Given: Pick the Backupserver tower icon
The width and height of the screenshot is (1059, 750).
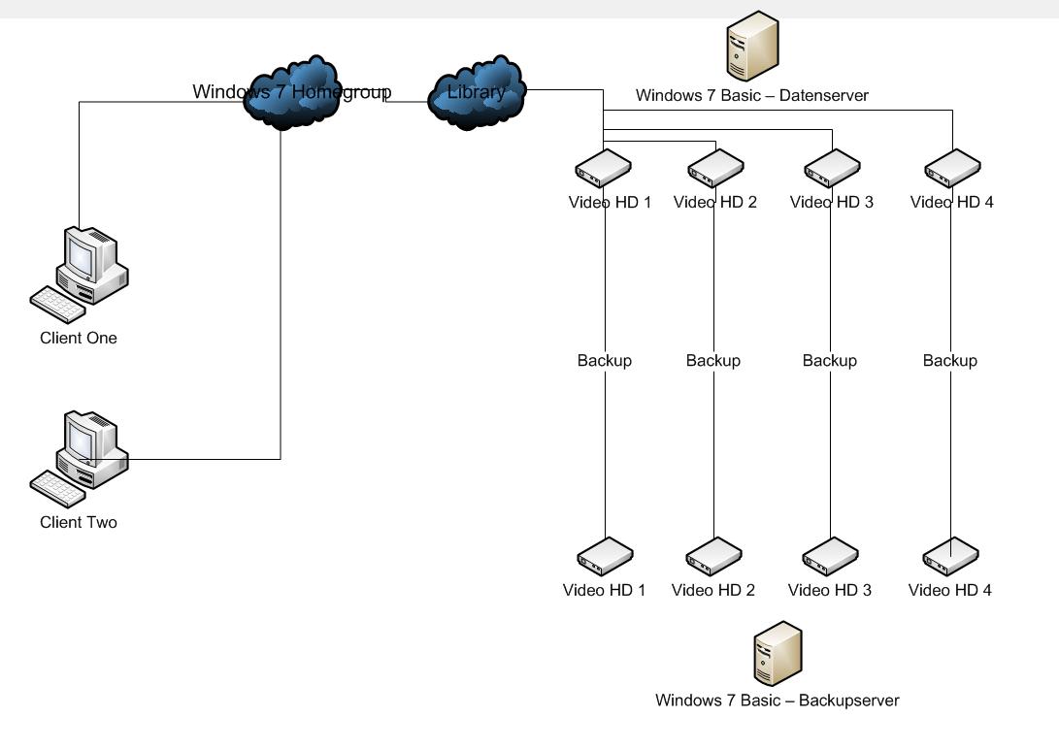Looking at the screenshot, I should [778, 652].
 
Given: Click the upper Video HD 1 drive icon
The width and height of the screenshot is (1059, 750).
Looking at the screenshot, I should [604, 169].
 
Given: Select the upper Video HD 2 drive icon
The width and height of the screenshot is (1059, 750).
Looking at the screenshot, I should [715, 169].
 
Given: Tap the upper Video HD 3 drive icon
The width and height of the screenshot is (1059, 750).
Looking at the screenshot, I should [832, 169].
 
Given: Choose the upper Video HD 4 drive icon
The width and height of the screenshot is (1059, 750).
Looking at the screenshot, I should [952, 169].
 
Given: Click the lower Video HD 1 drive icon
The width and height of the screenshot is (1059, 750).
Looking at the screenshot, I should [605, 557].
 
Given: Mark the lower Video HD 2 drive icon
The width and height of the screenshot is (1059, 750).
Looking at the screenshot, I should [713, 557].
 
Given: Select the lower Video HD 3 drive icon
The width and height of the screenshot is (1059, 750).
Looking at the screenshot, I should [830, 557].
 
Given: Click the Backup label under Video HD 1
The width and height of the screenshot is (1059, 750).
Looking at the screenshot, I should [605, 361].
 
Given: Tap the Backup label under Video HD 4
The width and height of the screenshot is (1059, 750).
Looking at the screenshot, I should [950, 361].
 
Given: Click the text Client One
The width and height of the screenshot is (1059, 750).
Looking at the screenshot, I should [79, 339].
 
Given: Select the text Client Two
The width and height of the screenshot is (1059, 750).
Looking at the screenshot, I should [79, 523].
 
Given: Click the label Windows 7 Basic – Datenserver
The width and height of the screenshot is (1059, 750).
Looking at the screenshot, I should [752, 96].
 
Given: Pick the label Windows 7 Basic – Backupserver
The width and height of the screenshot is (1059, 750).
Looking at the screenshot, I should [778, 701].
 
